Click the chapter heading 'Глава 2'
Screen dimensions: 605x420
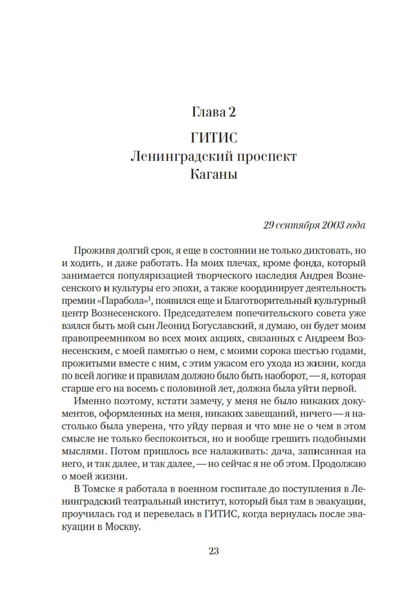click(213, 112)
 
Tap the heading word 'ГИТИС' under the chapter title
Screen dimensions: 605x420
click(213, 138)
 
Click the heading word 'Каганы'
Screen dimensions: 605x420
click(213, 174)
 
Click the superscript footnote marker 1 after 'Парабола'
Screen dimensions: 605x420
click(150, 299)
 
